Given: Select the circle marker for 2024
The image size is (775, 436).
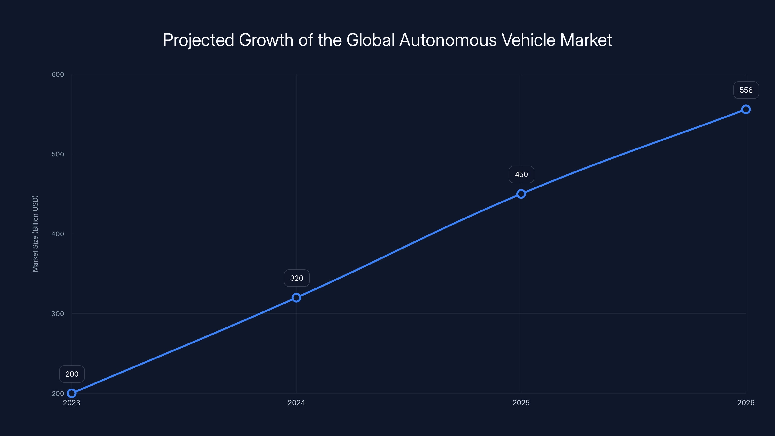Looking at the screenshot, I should coord(296,298).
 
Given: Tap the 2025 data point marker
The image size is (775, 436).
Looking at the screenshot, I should coord(521,194).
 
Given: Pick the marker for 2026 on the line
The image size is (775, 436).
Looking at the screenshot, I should coord(746,109).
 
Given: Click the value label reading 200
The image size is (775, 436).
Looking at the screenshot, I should coord(72,374).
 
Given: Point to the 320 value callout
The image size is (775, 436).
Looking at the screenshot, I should coord(297,278).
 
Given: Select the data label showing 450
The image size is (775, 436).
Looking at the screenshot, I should coord(521,174).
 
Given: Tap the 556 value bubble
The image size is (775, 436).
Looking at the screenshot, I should coord(746,90).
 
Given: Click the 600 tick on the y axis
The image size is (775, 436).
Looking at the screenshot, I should coord(58,74).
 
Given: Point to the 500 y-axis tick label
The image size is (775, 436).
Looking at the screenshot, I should coord(58,154).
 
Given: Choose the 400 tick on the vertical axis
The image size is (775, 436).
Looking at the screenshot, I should coord(58,234).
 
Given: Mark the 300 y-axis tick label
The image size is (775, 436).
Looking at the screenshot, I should coord(58,313).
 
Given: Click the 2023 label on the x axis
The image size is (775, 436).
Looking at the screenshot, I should coord(72,403).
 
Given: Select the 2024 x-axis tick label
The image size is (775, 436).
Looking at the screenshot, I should coord(296,403).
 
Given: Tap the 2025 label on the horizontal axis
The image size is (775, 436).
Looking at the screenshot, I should coord(521,403).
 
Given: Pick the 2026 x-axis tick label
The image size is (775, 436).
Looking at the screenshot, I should coord(746,403).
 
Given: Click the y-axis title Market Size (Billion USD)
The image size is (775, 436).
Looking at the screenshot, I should coord(35,234).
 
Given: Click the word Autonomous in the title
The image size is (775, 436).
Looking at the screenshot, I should coord(448,40).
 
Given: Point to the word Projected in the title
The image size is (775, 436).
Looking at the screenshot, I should coord(199,40).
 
